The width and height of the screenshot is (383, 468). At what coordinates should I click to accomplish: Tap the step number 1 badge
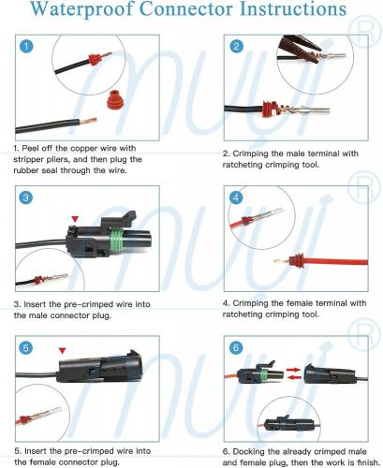pos(29,46)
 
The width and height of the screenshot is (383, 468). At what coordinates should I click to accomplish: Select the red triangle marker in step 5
pos(63,353)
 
